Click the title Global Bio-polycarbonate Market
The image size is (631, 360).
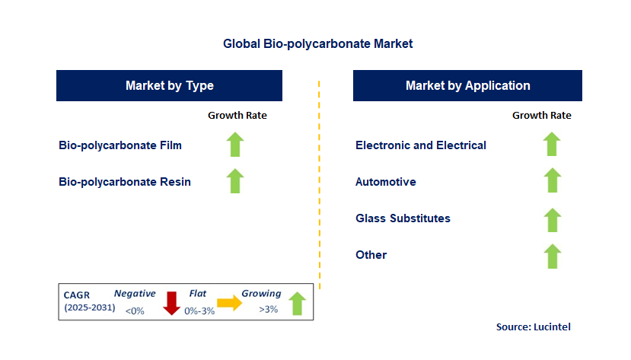(318, 44)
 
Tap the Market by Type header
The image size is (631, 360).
(170, 86)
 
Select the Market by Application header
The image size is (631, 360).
(467, 86)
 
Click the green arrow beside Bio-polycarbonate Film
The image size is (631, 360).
(235, 145)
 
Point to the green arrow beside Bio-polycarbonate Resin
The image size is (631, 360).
(235, 181)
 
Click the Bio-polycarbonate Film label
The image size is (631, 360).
(120, 145)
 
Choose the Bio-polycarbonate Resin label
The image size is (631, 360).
(125, 182)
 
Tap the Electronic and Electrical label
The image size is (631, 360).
(421, 145)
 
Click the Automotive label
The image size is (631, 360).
(386, 182)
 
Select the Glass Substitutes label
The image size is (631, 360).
(403, 218)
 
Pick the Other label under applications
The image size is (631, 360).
(371, 255)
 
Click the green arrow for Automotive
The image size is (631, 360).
(552, 180)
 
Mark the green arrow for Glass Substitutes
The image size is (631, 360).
(552, 220)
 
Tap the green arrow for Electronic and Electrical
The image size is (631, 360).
(552, 144)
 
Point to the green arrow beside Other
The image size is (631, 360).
(552, 256)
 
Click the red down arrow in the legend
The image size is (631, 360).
(171, 303)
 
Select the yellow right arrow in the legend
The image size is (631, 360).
(229, 303)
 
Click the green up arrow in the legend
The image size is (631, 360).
(297, 304)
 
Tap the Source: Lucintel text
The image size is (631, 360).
(534, 327)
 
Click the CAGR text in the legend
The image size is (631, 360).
(76, 295)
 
